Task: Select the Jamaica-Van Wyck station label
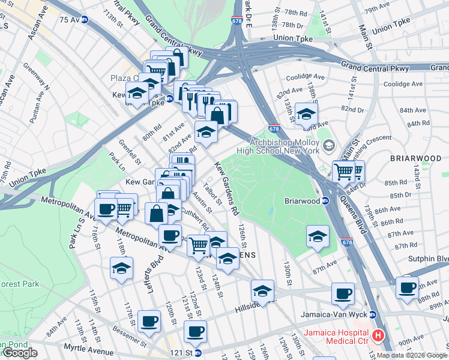(x=343, y=314)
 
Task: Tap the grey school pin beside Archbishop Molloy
(x=328, y=146)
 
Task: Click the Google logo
(x=20, y=353)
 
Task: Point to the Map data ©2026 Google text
(x=411, y=355)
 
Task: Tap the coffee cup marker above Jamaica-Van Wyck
(x=343, y=293)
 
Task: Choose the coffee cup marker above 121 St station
(x=194, y=331)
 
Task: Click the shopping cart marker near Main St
(x=344, y=171)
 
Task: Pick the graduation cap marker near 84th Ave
(x=306, y=114)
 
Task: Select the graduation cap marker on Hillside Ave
(x=262, y=290)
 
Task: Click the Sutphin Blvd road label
(x=432, y=259)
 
